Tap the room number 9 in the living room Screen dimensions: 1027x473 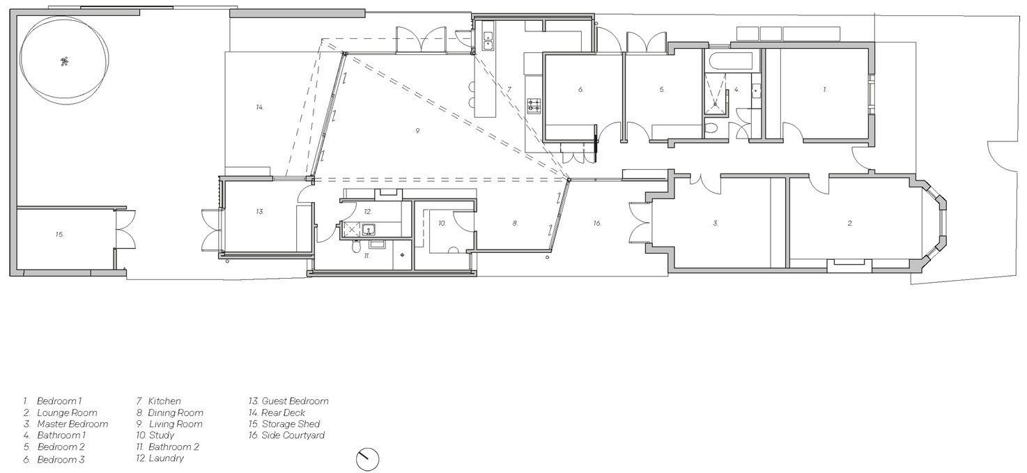tap(417, 131)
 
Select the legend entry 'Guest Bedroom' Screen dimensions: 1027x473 tap(288, 401)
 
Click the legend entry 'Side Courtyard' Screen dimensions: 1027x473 tap(286, 435)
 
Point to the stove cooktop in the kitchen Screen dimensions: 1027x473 tap(534, 105)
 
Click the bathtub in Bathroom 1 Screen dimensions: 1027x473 tap(729, 61)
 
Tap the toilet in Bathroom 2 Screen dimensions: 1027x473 tap(355, 247)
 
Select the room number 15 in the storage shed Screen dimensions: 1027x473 tap(59, 234)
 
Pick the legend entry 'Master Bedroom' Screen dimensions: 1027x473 tap(65, 424)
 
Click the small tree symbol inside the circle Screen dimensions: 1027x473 tap(64, 61)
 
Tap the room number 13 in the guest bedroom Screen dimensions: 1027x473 tap(260, 212)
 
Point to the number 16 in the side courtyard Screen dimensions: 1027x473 tap(596, 223)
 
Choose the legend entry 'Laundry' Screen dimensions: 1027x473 tap(160, 458)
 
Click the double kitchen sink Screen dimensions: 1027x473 tap(487, 40)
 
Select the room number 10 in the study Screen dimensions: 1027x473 tap(442, 223)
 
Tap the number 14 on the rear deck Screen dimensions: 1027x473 tap(259, 107)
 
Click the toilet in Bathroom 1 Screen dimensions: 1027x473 tap(710, 130)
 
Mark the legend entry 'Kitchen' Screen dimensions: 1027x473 tap(158, 401)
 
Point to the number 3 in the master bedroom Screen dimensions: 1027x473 tap(715, 223)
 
